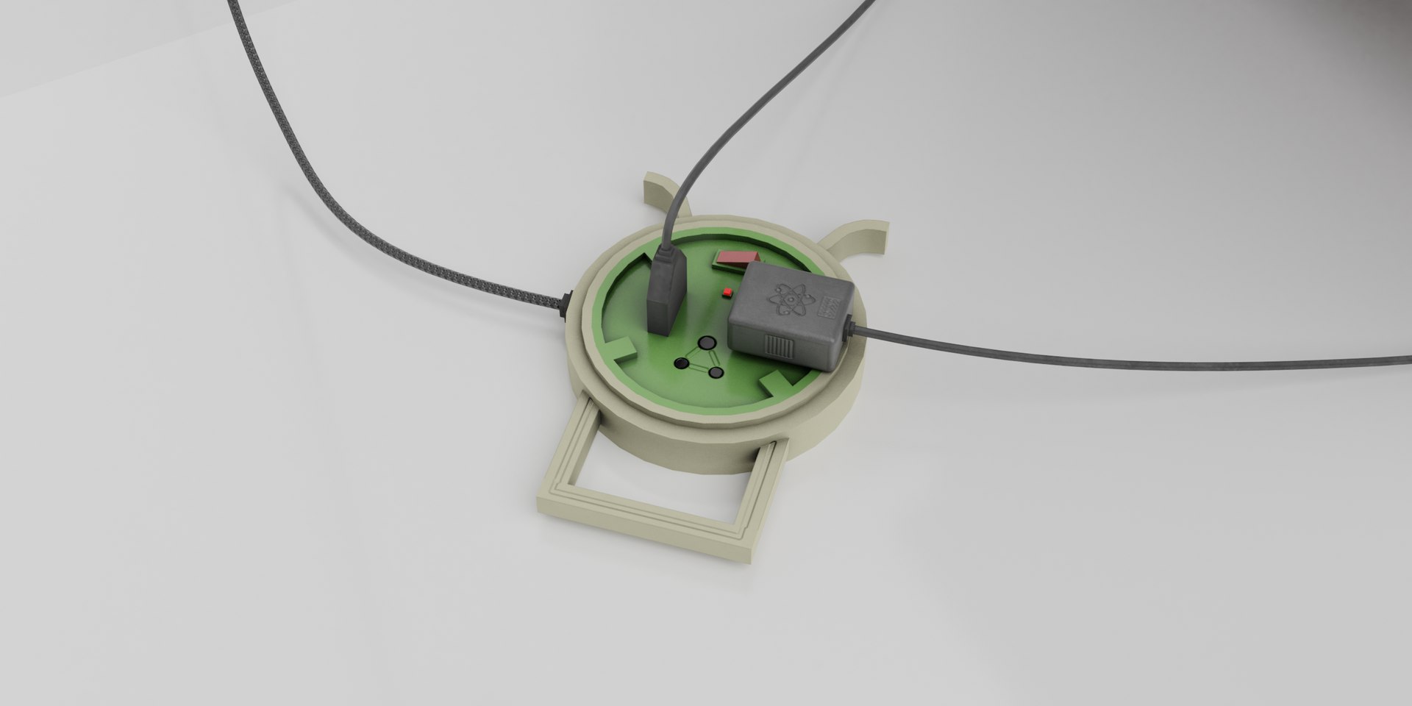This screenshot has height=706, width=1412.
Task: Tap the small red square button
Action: click(x=727, y=293)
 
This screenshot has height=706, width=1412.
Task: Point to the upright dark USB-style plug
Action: click(x=665, y=294)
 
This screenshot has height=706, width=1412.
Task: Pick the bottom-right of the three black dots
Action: click(x=715, y=371)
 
